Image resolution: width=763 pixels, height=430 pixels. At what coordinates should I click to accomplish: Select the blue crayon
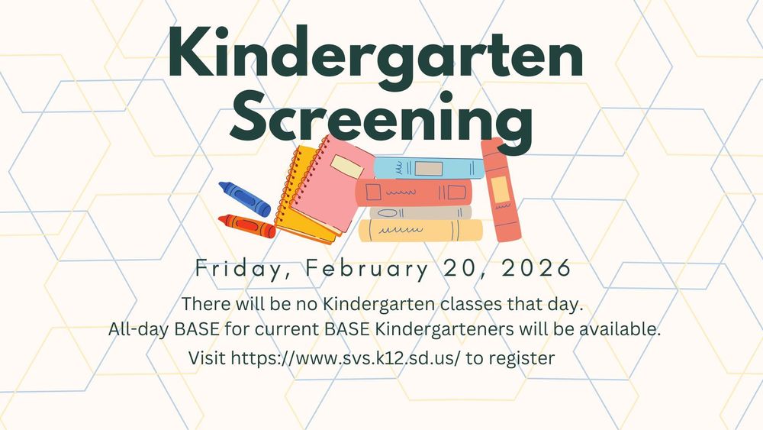pyautogui.click(x=243, y=199)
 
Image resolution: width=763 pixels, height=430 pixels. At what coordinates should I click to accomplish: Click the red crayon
pyautogui.click(x=246, y=225)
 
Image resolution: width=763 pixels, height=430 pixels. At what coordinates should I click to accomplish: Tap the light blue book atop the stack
pyautogui.click(x=427, y=167)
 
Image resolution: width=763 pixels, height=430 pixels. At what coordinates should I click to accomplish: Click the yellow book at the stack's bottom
pyautogui.click(x=420, y=231)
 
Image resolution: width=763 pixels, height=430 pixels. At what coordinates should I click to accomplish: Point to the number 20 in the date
pyautogui.click(x=465, y=269)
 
